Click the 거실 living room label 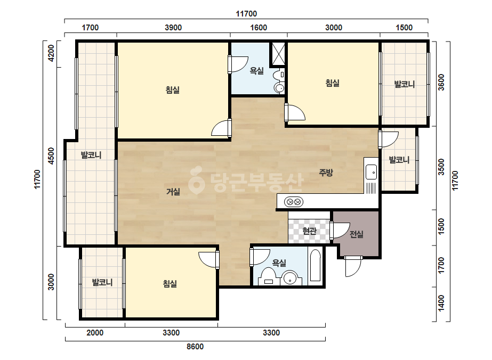coord(173,192)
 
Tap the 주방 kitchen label coord(326,173)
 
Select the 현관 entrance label coord(309,231)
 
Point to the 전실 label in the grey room coord(357,234)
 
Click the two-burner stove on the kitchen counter coord(293,202)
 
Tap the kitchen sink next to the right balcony coord(371,172)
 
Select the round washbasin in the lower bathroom coord(289,278)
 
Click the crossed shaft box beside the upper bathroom coord(278,54)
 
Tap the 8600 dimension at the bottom coord(195,347)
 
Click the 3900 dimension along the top coord(173,28)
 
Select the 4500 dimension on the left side coord(51,156)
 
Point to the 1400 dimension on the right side coord(441,303)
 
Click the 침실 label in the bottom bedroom coord(170,284)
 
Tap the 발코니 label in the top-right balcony coord(405,84)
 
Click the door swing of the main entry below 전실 coord(353,267)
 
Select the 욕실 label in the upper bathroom coord(257,71)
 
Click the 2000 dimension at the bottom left coord(95,332)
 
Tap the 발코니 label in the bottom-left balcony coord(102,282)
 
